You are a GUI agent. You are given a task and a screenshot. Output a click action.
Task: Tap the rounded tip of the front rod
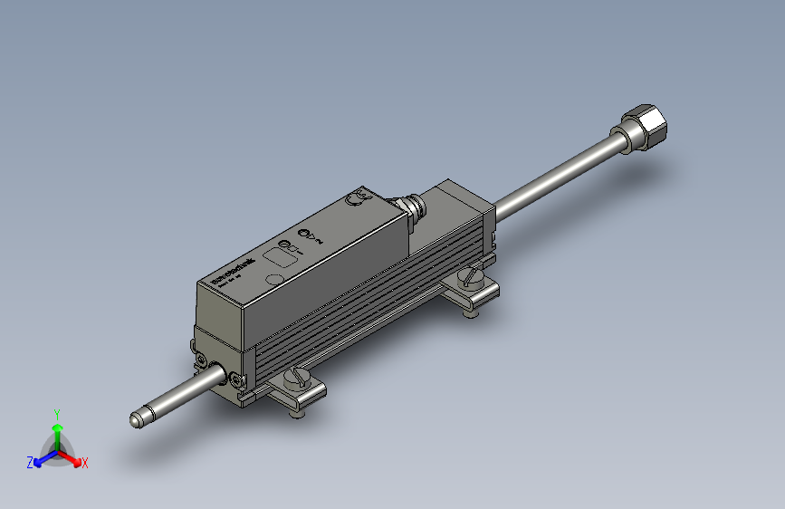[x=136, y=420]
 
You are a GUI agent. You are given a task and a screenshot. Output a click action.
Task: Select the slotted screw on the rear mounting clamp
[x=471, y=277]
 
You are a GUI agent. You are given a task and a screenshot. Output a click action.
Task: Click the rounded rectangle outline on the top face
[x=277, y=257]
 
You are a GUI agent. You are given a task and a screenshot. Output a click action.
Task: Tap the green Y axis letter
[x=56, y=412]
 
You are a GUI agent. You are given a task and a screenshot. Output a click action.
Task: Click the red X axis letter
[x=85, y=463]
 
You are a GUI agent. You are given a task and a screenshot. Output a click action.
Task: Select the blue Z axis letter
[x=30, y=463]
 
